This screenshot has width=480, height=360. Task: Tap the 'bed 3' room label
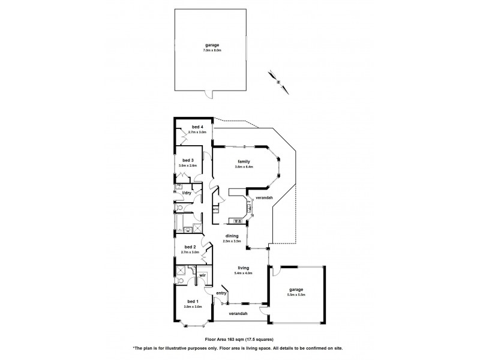coord(188,160)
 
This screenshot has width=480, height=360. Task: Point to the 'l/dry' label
coord(187,193)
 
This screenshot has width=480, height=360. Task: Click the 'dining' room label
coord(233,236)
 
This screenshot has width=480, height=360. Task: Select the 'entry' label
coord(221,293)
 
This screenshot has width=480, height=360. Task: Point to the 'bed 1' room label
coord(193,302)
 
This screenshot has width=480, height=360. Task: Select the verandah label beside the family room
coord(264,197)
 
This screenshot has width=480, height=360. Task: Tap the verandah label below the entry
coord(238,314)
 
